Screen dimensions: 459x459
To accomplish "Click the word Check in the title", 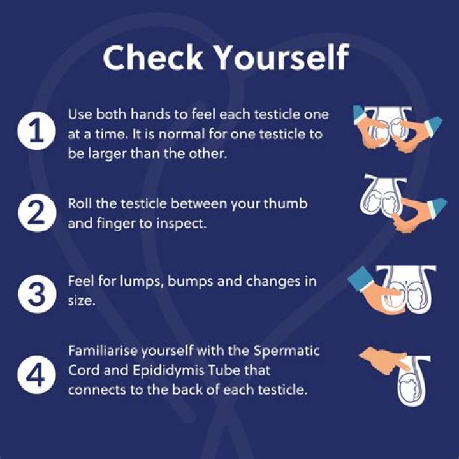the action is pyautogui.click(x=153, y=57).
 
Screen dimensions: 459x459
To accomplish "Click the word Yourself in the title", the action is pyautogui.click(x=282, y=57).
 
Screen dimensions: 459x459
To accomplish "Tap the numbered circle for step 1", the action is pyautogui.click(x=36, y=131).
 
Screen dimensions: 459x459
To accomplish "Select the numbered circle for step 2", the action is pyautogui.click(x=36, y=213).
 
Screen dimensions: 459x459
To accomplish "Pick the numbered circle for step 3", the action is pyautogui.click(x=36, y=294).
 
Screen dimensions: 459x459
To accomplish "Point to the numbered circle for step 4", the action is pyautogui.click(x=36, y=375).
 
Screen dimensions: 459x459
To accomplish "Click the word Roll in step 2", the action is pyautogui.click(x=80, y=203).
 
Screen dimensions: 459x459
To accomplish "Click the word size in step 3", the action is pyautogui.click(x=82, y=301).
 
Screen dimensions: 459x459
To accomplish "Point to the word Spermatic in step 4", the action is pyautogui.click(x=286, y=351).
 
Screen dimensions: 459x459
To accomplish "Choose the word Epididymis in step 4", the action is pyautogui.click(x=168, y=370).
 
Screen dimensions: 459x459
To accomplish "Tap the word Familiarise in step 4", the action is pyautogui.click(x=103, y=350).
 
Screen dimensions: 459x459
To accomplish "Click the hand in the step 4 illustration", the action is pyautogui.click(x=384, y=360).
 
